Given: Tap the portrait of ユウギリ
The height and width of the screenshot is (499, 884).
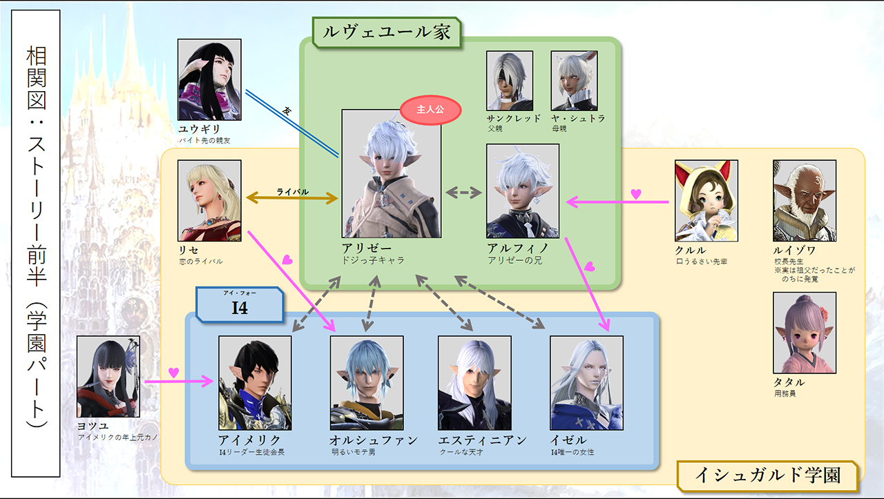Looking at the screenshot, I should pyautogui.click(x=209, y=79).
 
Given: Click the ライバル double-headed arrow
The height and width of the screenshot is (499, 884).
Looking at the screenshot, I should pyautogui.click(x=291, y=199).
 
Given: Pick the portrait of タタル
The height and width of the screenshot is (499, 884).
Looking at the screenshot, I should pyautogui.click(x=804, y=333).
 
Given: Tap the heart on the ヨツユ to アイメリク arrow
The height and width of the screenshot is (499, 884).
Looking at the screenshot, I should pyautogui.click(x=174, y=373).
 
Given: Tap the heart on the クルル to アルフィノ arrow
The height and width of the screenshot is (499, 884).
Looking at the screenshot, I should pyautogui.click(x=636, y=195).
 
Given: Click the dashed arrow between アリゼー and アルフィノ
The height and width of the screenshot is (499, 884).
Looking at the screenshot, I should pyautogui.click(x=463, y=193).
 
